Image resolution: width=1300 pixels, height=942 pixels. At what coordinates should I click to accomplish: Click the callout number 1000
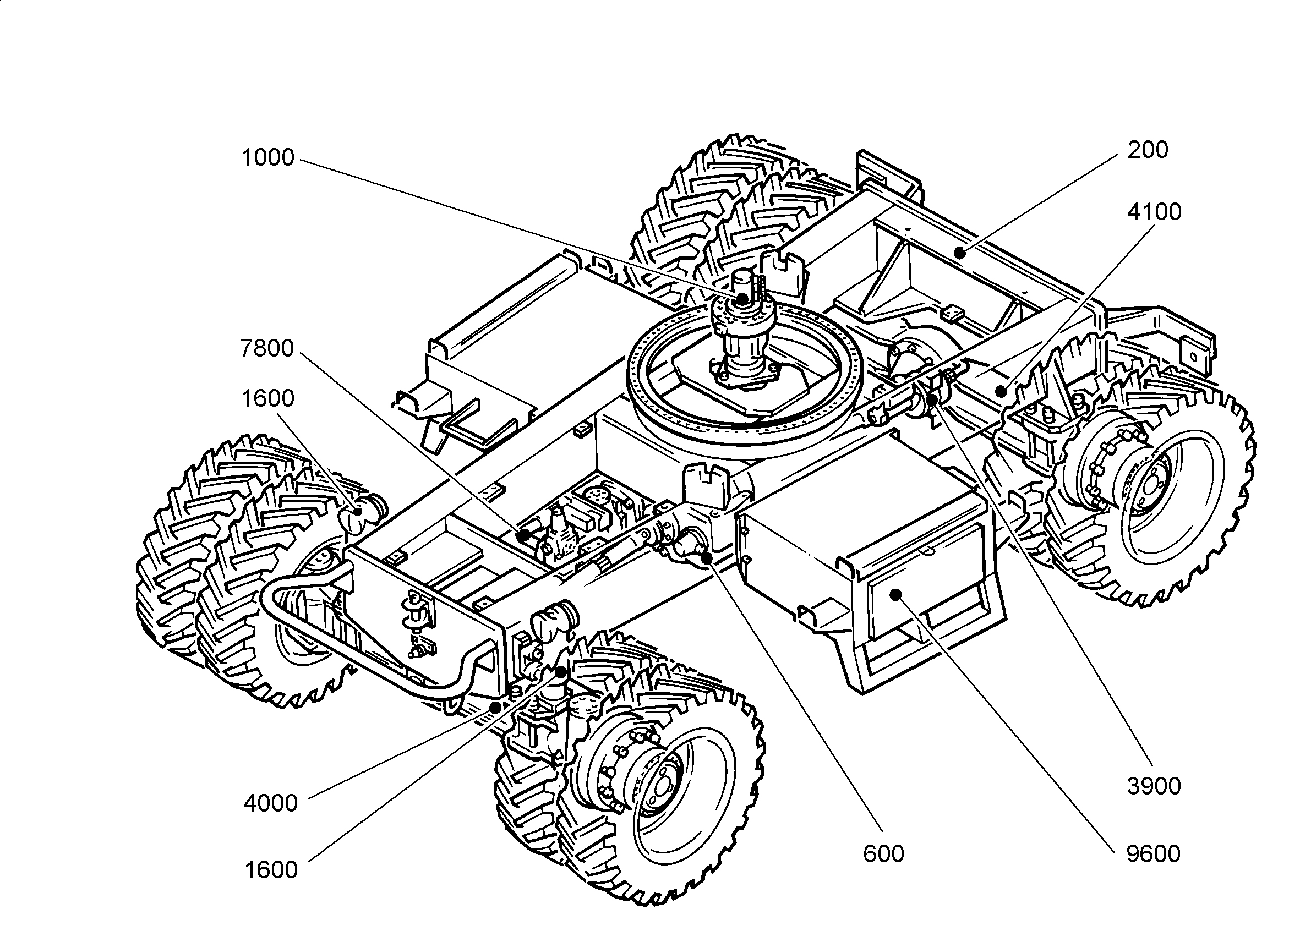(267, 157)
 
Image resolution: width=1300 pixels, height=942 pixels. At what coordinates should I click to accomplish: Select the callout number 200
(1148, 150)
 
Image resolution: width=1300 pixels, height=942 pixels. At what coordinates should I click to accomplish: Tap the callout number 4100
(1154, 212)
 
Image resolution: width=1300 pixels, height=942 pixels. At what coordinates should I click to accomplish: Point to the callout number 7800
(267, 348)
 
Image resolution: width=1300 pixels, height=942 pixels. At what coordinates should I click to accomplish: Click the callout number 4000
(271, 803)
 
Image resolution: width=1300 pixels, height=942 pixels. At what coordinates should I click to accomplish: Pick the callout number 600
(883, 854)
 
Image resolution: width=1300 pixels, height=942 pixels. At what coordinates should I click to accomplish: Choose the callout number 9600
(1153, 854)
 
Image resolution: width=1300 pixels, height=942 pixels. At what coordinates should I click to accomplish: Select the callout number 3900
(1154, 786)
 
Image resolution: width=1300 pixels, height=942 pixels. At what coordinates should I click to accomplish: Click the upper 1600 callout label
(267, 398)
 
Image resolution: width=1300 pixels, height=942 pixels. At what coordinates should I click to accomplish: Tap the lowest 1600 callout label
(271, 870)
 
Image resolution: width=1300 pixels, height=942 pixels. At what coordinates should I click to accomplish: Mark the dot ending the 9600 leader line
(895, 594)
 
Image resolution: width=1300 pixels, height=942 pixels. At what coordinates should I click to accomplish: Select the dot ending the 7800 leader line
(524, 536)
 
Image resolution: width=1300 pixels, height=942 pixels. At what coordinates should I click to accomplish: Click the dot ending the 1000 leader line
(743, 298)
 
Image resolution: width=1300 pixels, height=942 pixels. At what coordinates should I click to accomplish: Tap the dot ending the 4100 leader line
(1001, 392)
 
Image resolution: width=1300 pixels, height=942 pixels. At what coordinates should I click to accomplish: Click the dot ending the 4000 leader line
(494, 707)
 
